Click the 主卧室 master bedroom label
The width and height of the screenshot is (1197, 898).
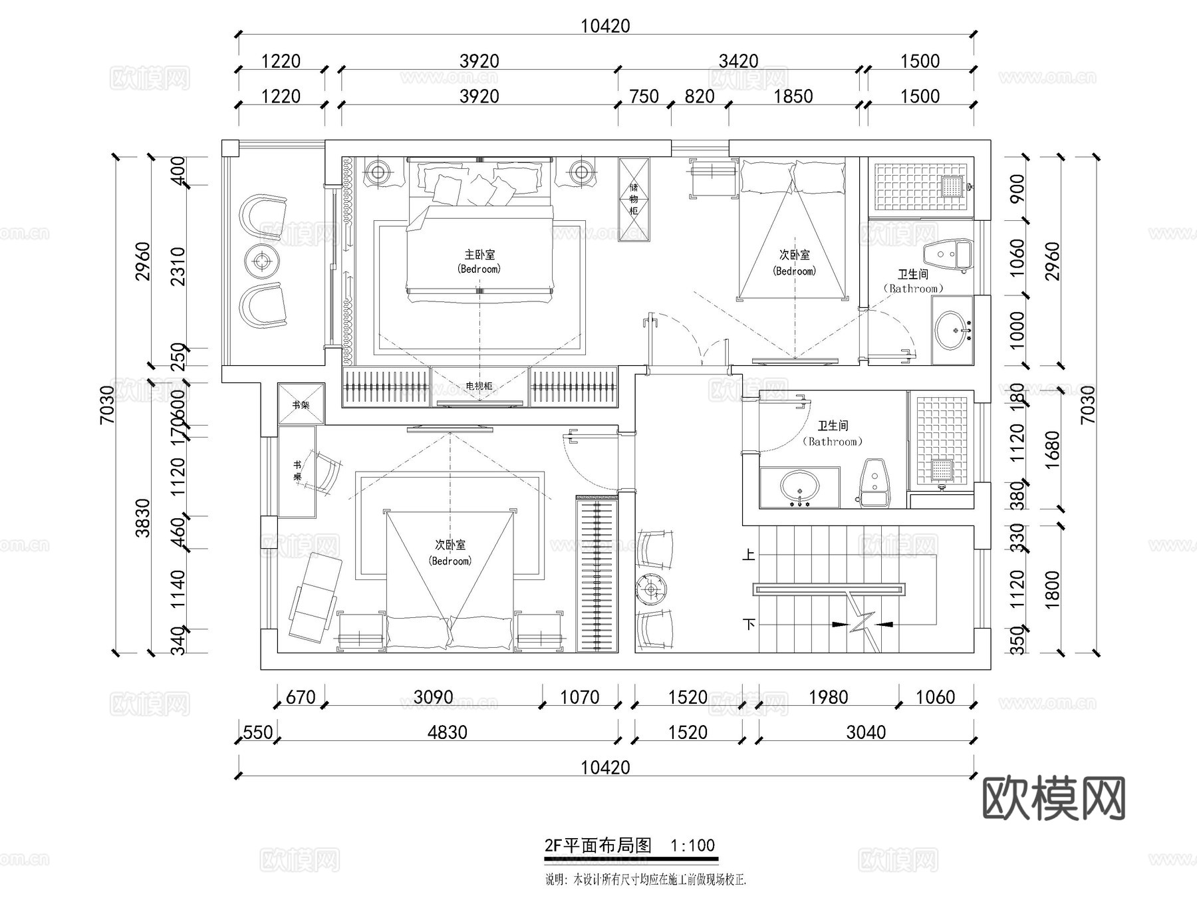click(479, 255)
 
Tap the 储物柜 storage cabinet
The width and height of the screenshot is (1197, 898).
click(634, 199)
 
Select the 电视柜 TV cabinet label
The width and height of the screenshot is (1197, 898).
click(479, 386)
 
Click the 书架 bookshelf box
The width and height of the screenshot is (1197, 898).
click(301, 404)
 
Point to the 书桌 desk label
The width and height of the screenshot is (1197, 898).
click(297, 471)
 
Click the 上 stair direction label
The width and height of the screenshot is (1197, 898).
click(749, 553)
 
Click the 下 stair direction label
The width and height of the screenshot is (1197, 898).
click(749, 624)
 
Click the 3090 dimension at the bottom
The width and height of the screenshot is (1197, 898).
click(433, 697)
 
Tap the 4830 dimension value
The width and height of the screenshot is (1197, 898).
click(447, 732)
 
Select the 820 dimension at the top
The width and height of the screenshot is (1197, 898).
click(699, 96)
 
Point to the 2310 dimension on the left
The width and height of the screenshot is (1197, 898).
click(178, 266)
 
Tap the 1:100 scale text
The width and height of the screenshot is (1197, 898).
click(692, 845)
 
